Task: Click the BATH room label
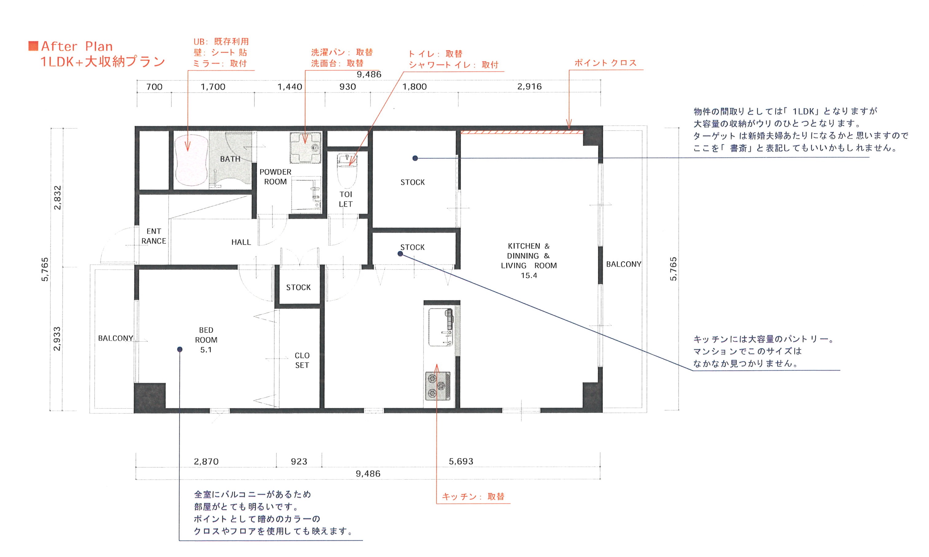(230, 159)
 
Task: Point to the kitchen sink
(440, 327)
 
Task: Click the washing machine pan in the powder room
(305, 147)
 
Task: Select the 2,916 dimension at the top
(529, 86)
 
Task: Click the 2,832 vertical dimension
(57, 198)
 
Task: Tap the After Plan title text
(77, 46)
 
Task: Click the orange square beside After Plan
(33, 46)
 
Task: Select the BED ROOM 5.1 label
(206, 340)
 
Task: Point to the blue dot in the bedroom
(180, 349)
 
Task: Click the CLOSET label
(302, 360)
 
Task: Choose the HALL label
(241, 242)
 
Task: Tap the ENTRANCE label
(154, 236)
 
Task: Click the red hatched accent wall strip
(521, 132)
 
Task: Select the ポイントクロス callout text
(606, 63)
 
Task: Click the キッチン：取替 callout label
(473, 496)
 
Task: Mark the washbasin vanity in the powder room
(306, 195)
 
